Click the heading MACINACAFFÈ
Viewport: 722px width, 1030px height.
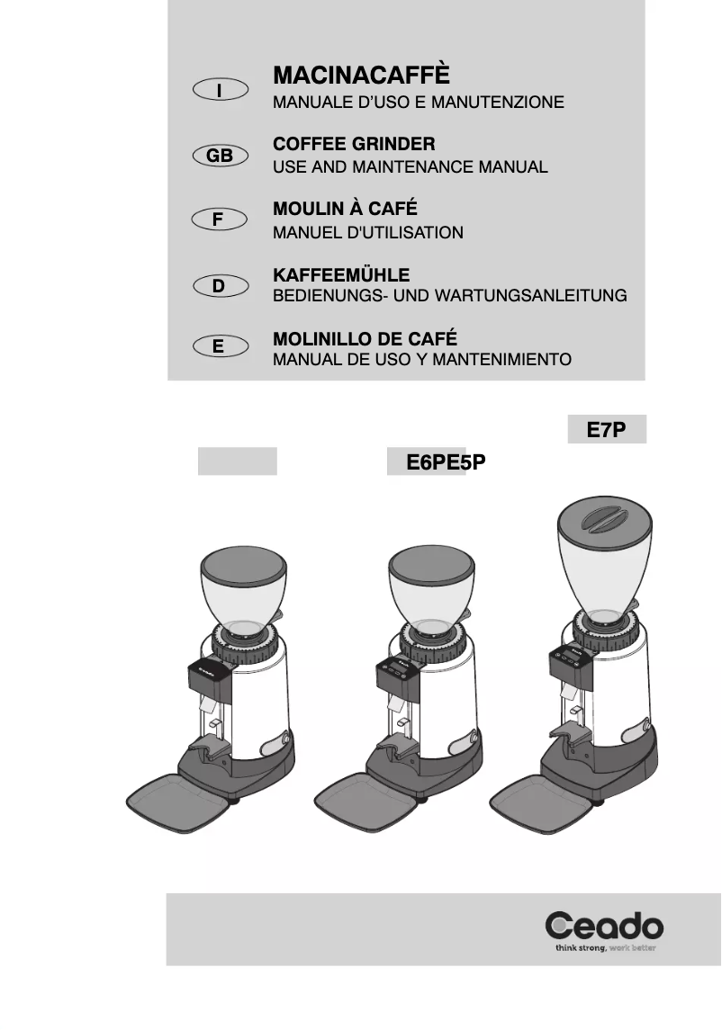(x=360, y=74)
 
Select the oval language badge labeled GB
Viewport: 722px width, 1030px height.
(x=220, y=156)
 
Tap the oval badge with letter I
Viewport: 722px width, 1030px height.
(x=220, y=89)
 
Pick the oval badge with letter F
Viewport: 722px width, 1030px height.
(x=220, y=219)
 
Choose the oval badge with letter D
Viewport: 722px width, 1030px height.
(x=220, y=286)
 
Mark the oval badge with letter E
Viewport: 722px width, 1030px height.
(x=220, y=345)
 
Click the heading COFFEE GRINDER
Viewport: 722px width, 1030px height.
(x=354, y=144)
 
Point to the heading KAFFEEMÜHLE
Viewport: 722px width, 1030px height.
(x=341, y=274)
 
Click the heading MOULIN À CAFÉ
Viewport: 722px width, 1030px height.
(x=345, y=209)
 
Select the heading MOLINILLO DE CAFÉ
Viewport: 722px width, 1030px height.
(x=365, y=339)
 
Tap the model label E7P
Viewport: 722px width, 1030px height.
(x=606, y=430)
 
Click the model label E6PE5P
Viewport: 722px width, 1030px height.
(x=446, y=463)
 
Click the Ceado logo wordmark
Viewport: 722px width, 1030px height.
(x=604, y=926)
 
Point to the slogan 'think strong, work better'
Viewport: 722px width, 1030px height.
(x=604, y=948)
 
